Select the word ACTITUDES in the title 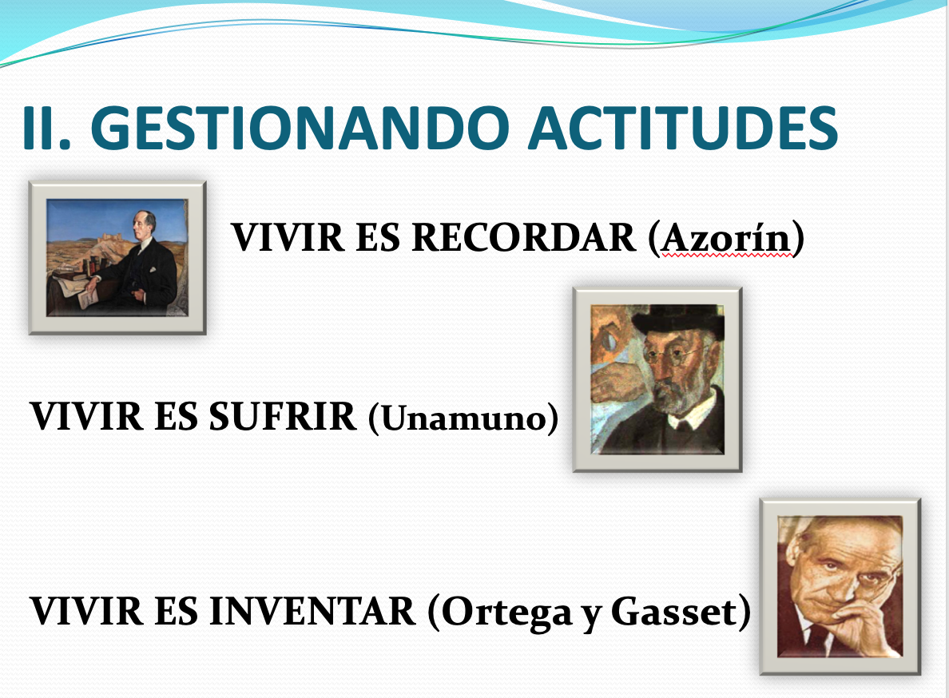point(683,128)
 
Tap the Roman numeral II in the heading point(46,128)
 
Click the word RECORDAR point(524,237)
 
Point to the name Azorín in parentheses point(725,238)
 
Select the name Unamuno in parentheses point(463,418)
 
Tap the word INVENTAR point(312,611)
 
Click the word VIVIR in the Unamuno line point(86,416)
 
